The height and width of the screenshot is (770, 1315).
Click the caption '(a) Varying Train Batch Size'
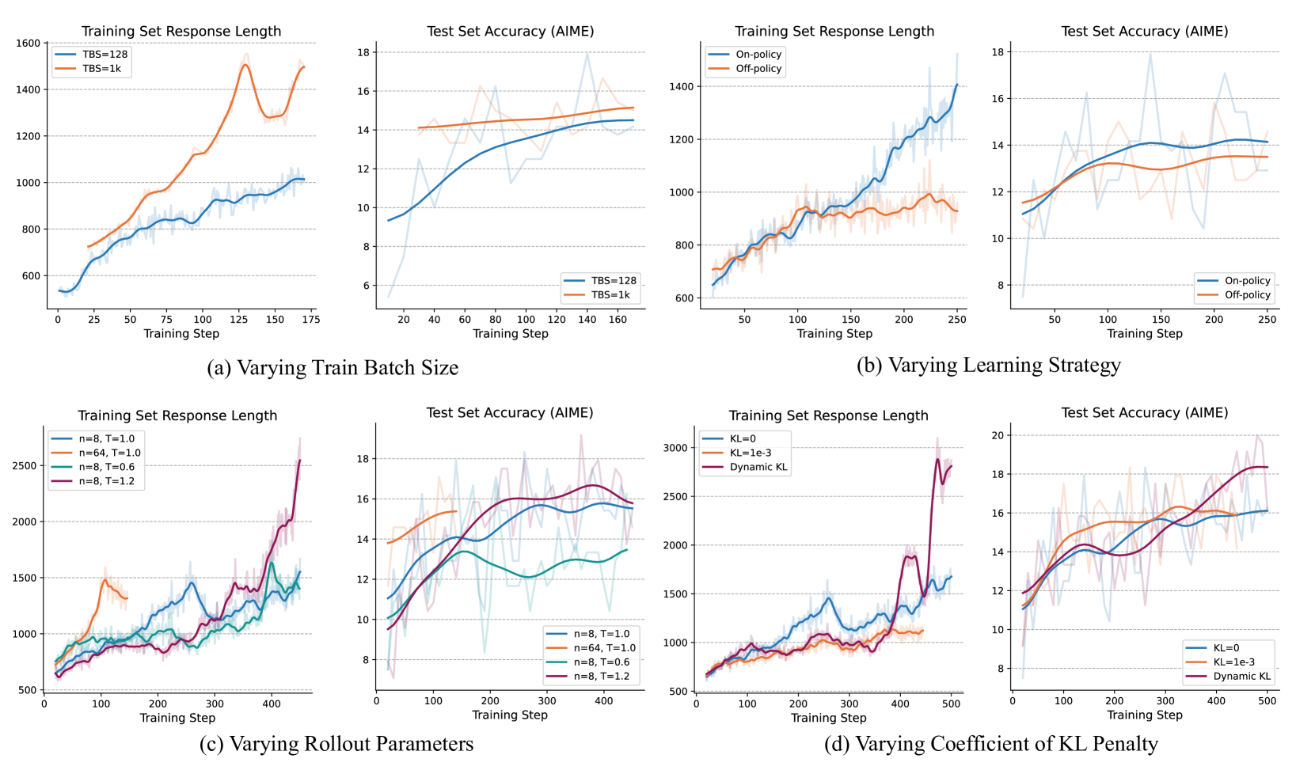(x=333, y=368)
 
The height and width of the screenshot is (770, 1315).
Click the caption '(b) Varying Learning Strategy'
(x=988, y=365)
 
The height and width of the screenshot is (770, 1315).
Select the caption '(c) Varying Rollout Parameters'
(x=336, y=744)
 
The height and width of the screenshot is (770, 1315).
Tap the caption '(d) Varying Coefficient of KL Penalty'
(x=990, y=744)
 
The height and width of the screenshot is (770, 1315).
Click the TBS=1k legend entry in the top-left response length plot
(x=101, y=69)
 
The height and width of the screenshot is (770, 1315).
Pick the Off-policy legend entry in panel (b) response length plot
(x=758, y=69)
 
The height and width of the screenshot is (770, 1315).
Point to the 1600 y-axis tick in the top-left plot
(x=28, y=44)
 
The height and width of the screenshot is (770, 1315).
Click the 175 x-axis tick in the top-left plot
(x=311, y=319)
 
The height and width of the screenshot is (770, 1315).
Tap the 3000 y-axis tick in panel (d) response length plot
(x=675, y=447)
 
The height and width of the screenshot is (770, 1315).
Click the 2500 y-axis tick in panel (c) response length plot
(x=25, y=465)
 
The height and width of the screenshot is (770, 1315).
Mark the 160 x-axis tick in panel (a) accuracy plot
(x=618, y=319)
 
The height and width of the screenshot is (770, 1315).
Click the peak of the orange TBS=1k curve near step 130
(x=245, y=65)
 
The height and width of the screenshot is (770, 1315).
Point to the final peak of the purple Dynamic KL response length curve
(x=938, y=458)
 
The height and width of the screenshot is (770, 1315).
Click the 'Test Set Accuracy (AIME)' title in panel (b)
(x=1144, y=31)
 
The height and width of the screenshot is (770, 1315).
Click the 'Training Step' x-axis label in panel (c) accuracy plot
(x=510, y=715)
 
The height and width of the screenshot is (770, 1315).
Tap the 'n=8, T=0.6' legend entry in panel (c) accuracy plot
(x=602, y=662)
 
